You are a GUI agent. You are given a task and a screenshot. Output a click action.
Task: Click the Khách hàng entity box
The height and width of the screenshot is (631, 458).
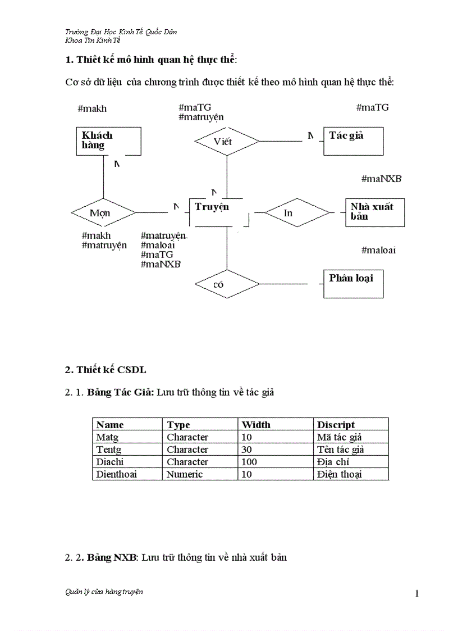(x=108, y=140)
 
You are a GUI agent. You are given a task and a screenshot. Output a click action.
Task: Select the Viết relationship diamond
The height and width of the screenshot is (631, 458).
(x=226, y=141)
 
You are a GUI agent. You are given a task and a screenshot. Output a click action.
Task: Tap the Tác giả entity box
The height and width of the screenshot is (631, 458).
(x=353, y=140)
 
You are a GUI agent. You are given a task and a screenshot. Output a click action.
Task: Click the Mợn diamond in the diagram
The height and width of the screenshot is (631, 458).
(x=103, y=213)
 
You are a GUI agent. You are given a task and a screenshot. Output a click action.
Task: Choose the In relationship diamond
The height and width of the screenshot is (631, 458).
(x=296, y=213)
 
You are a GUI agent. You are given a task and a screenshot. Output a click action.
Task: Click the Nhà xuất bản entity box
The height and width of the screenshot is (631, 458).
(x=374, y=212)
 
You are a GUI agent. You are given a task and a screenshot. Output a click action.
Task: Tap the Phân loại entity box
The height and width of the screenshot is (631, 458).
(x=353, y=283)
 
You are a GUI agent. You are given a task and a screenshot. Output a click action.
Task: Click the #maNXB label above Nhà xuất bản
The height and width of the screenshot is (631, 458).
(x=381, y=179)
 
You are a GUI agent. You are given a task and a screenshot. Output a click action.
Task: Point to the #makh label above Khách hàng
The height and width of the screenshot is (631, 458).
(x=92, y=108)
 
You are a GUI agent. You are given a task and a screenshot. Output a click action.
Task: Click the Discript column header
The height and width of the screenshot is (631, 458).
(x=336, y=425)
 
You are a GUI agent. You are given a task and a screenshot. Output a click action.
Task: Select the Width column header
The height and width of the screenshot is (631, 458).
(x=256, y=425)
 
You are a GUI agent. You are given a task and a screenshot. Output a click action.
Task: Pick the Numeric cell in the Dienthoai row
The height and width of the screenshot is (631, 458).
(x=185, y=474)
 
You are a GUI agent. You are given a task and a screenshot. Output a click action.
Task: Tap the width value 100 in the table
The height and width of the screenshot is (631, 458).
(x=249, y=462)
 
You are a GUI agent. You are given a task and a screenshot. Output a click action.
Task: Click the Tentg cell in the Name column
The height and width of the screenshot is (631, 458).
(x=109, y=450)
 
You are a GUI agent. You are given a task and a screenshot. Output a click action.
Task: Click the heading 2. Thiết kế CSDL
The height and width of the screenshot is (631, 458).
(x=106, y=370)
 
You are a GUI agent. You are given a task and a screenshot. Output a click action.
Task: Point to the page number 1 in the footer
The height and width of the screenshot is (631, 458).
(x=417, y=593)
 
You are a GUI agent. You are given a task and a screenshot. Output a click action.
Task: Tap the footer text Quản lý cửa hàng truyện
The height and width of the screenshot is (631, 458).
(x=104, y=592)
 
